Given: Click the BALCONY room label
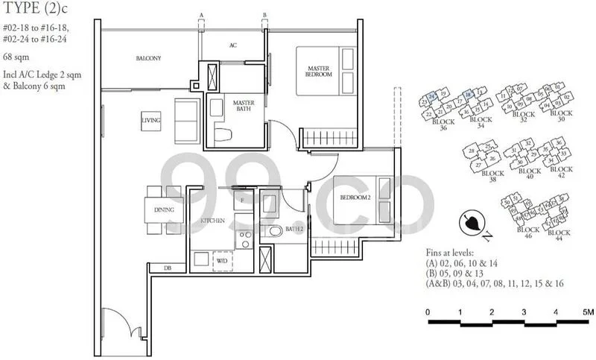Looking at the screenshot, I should pyautogui.click(x=148, y=58).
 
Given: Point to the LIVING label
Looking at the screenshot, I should pyautogui.click(x=151, y=119).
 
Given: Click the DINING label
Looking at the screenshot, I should pyautogui.click(x=164, y=209).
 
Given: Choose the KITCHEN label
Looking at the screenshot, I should pyautogui.click(x=212, y=221).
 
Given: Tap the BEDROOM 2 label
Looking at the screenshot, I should pyautogui.click(x=355, y=198).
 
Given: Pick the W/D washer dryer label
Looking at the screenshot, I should pyautogui.click(x=221, y=259).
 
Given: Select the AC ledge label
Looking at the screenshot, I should pyautogui.click(x=232, y=45).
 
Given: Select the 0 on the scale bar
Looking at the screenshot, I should pyautogui.click(x=428, y=312).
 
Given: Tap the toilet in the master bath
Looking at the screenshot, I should pyautogui.click(x=223, y=134).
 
